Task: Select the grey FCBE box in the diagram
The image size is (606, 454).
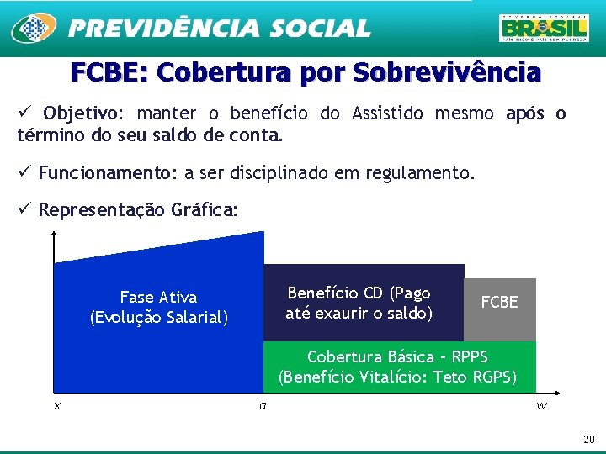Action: [x=500, y=303]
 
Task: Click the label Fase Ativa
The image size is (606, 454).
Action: [x=158, y=297]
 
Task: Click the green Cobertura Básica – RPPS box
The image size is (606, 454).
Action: [x=399, y=367]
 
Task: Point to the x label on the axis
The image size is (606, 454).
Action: [x=56, y=406]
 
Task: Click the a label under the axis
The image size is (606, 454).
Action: [x=263, y=406]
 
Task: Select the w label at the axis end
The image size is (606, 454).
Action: [x=541, y=406]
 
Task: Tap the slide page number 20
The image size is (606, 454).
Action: [x=588, y=440]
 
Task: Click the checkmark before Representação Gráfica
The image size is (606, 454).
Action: [x=25, y=209]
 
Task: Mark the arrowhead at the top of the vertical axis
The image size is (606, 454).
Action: [x=55, y=238]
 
